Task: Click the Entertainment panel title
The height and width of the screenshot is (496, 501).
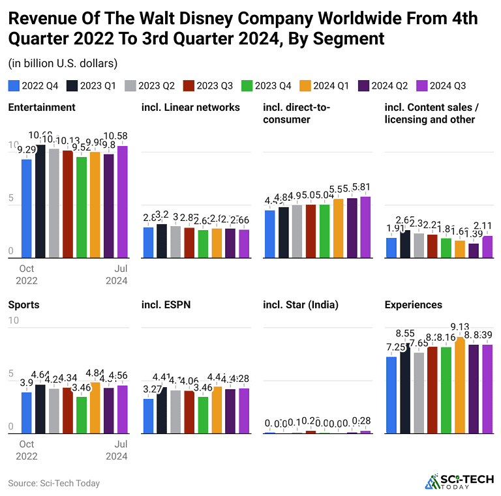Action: pos(42,107)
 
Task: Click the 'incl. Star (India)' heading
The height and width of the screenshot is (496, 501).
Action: pos(301,305)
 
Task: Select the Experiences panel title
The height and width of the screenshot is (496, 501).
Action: pos(413,305)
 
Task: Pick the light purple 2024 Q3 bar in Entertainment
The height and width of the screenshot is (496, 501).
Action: pos(122,201)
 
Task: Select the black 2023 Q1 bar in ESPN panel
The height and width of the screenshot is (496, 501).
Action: pos(162,410)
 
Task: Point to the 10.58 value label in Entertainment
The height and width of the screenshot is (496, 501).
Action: pos(122,136)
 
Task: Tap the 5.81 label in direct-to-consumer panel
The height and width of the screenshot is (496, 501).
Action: pos(365,186)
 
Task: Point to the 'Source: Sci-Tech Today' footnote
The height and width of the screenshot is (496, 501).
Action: pos(53,483)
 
